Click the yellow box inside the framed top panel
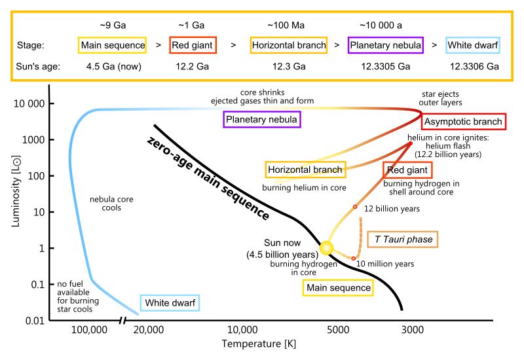[112, 45]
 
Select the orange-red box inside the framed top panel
[193, 45]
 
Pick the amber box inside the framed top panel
[289, 45]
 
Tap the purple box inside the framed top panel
[385, 45]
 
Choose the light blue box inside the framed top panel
[472, 45]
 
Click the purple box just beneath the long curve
[262, 119]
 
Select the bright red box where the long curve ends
[464, 121]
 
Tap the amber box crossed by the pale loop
[305, 170]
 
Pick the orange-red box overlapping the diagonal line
[407, 170]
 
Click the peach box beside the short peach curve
[402, 239]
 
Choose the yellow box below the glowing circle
[338, 287]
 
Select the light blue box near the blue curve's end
[170, 302]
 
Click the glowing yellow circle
[326, 248]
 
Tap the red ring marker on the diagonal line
[355, 207]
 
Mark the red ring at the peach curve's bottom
[354, 259]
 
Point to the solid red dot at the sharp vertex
[411, 143]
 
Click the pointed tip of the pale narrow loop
[275, 183]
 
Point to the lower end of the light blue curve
[138, 315]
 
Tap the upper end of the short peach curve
[360, 219]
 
